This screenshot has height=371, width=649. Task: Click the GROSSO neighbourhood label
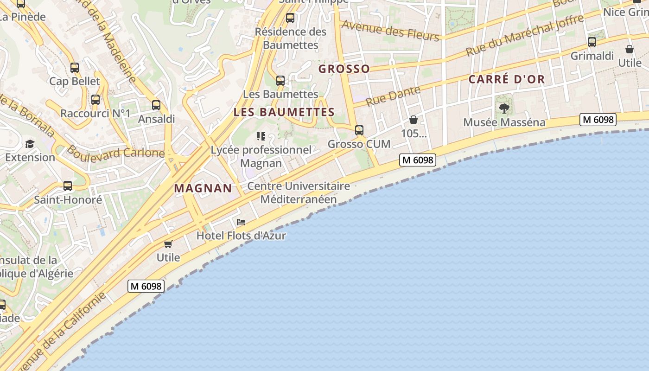tap(344, 69)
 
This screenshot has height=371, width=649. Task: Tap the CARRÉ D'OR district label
tap(507, 79)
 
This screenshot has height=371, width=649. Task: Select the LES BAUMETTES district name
tap(284, 112)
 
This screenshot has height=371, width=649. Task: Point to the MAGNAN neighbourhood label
tap(203, 188)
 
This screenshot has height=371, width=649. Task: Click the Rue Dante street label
tap(393, 96)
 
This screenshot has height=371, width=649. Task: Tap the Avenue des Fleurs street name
tap(390, 31)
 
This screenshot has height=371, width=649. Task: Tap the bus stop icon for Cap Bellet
tap(75, 68)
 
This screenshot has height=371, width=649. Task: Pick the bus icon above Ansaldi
tap(156, 105)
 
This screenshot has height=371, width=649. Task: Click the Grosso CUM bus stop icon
tap(359, 130)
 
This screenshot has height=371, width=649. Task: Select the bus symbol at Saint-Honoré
tap(68, 186)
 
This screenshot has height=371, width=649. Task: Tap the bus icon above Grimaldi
tap(592, 42)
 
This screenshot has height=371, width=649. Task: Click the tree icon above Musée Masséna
tap(504, 109)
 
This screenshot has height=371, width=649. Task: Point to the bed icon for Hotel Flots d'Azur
tap(241, 222)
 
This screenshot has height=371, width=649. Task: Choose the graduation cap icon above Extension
tap(30, 144)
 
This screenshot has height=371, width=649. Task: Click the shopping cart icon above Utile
tap(168, 244)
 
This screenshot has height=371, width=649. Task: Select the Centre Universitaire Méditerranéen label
tap(299, 192)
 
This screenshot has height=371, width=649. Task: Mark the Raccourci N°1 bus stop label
tap(95, 114)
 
